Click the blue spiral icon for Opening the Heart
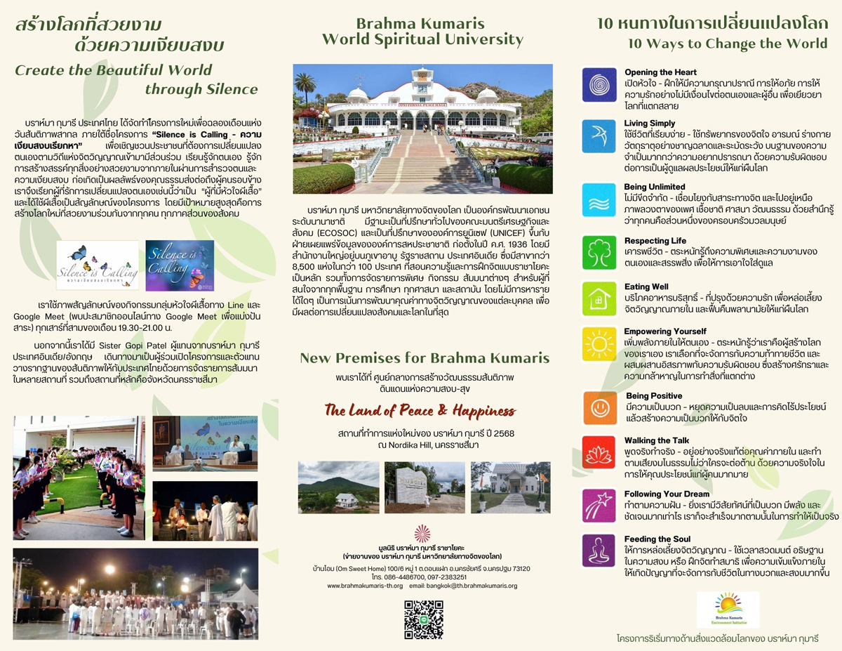pos(599,84)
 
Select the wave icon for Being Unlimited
pos(599,199)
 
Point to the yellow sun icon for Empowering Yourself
pos(599,344)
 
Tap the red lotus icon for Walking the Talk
pos(599,453)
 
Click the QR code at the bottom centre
pos(423,619)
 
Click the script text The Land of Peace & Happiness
pos(420,410)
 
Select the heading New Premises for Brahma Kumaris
pos(425,358)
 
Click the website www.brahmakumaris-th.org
pos(365,586)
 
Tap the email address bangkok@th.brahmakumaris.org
pos(463,586)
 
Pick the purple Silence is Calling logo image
pos(179,265)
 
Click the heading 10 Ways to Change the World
pos(728,44)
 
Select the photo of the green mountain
pos(338,487)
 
